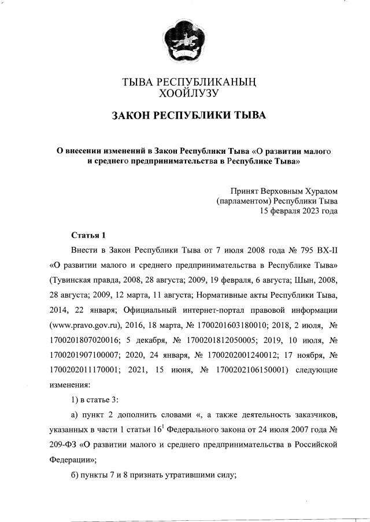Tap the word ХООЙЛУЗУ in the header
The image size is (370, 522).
click(x=185, y=92)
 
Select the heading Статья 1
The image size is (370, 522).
click(x=88, y=235)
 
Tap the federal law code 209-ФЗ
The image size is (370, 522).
click(x=62, y=446)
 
